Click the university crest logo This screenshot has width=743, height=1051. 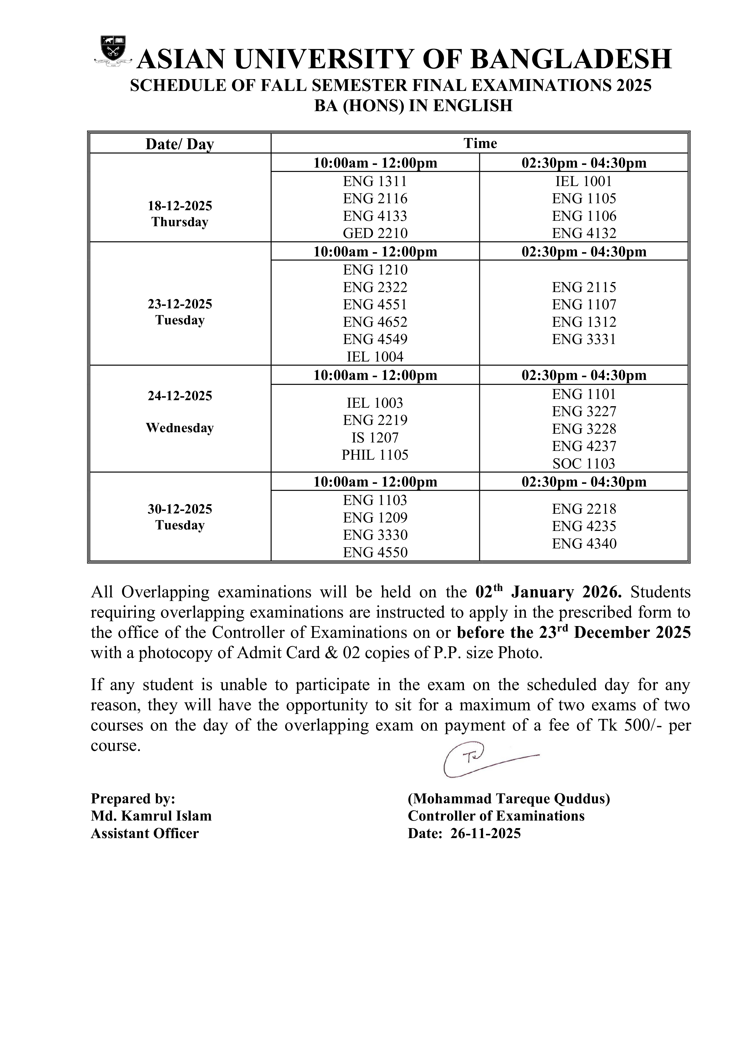(x=113, y=51)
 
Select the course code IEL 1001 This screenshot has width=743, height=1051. (x=584, y=181)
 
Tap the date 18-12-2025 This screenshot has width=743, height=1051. (x=180, y=206)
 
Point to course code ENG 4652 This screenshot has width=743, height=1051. (x=375, y=322)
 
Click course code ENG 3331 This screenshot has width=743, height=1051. (x=584, y=339)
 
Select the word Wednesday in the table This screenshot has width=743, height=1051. (x=180, y=428)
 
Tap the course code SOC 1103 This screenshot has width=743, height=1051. (x=584, y=464)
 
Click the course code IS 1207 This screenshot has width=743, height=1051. (x=375, y=438)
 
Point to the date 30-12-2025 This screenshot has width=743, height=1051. (x=180, y=509)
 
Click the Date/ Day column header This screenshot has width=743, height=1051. (x=180, y=144)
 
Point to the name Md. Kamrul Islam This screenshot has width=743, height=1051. (x=151, y=816)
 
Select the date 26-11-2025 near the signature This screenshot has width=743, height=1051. (x=485, y=833)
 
